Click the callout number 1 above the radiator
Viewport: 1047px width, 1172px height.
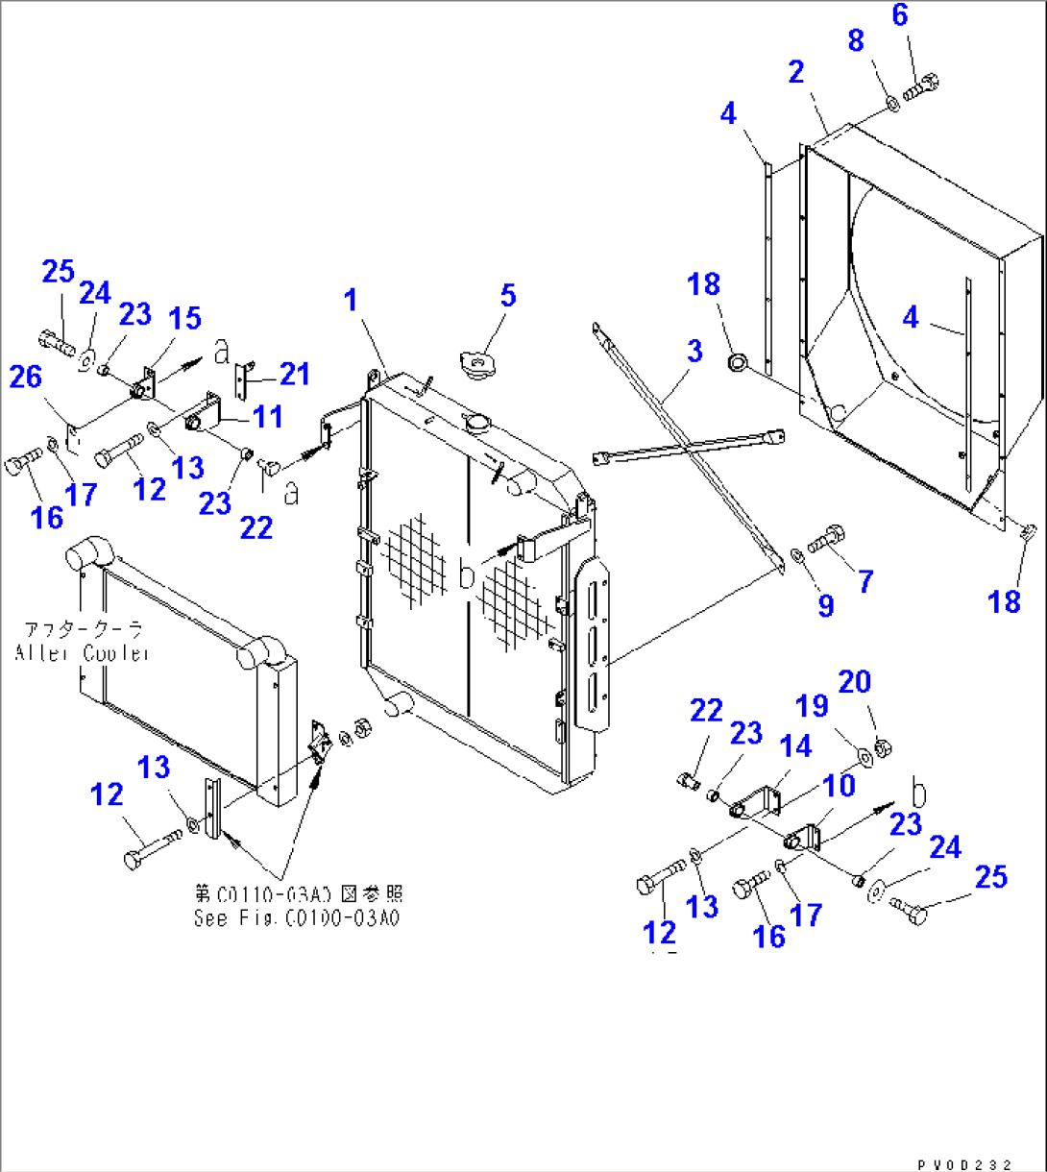[x=352, y=301]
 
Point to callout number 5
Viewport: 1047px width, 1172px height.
[x=508, y=296]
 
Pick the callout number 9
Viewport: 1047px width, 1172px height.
[x=825, y=604]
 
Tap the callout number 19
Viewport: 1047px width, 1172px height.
[x=813, y=706]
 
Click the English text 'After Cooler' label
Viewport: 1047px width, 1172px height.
[x=82, y=653]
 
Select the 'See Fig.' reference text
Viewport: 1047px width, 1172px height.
[x=296, y=917]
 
